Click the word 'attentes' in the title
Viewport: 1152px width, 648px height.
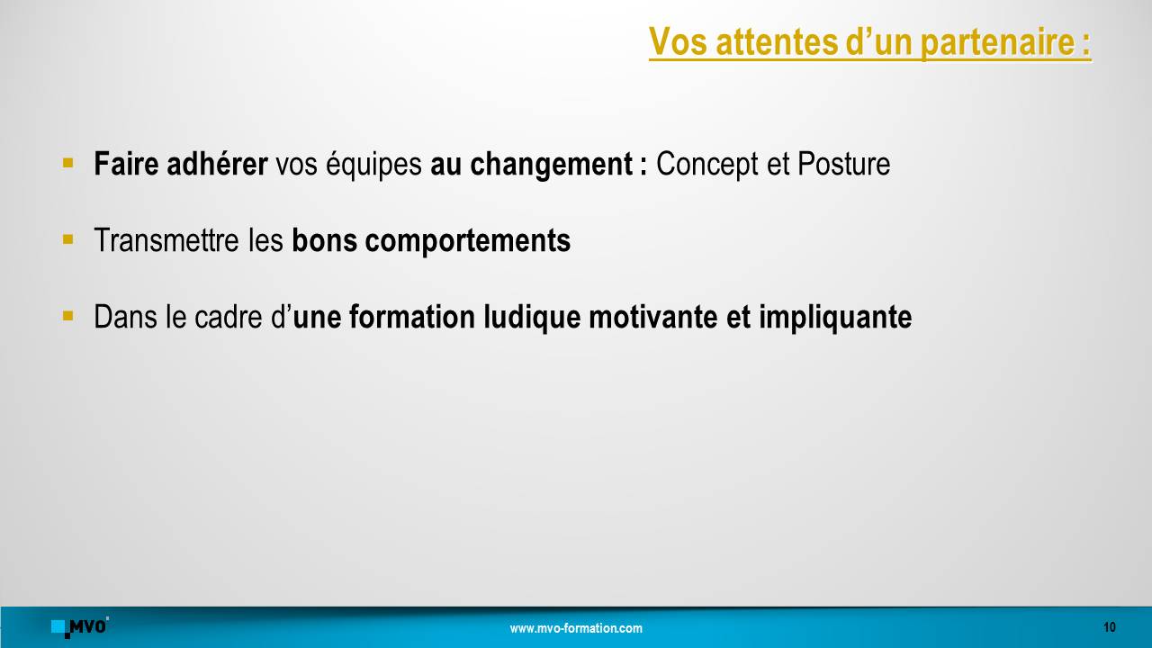(777, 41)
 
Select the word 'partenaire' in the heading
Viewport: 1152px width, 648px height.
(996, 43)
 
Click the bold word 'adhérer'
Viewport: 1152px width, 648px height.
(217, 164)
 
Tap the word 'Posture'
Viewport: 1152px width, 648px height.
(843, 164)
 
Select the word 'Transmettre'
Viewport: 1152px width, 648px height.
(166, 240)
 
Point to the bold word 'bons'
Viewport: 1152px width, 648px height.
(324, 240)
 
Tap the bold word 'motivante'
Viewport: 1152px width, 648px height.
(652, 316)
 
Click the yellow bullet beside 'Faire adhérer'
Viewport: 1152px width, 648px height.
(67, 163)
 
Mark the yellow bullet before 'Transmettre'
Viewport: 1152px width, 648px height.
(67, 239)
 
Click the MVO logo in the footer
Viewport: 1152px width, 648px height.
(80, 627)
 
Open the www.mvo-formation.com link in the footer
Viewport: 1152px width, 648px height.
(576, 628)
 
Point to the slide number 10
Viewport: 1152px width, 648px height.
(1110, 627)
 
